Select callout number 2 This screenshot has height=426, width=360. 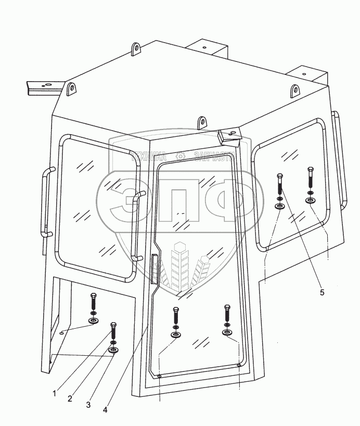coord(69,399)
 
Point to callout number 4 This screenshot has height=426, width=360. coord(106,409)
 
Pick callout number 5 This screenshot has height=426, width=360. coord(322,293)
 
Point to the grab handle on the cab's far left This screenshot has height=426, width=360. coord(46,203)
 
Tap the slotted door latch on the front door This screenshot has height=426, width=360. coord(153,269)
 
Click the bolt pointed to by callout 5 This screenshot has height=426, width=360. coord(280,185)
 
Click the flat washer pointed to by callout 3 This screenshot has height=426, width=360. coord(113,350)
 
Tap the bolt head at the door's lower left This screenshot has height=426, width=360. coord(175,315)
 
